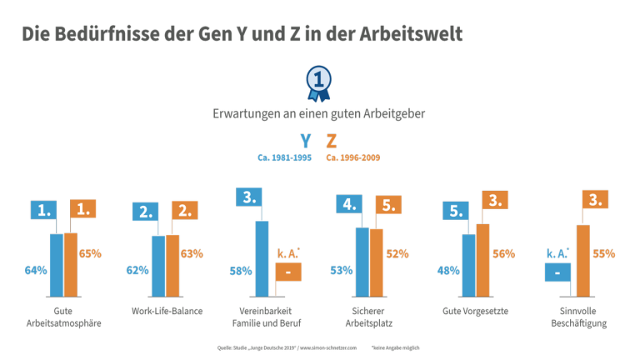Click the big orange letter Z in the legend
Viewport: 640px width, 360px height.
point(332,141)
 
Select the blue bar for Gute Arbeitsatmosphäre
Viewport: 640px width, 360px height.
point(57,265)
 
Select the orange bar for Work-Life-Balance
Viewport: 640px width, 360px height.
point(172,266)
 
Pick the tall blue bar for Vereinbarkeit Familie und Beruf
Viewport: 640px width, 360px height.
point(262,258)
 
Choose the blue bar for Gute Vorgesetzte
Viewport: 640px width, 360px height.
point(468,265)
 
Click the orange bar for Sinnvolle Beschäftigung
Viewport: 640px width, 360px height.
point(582,261)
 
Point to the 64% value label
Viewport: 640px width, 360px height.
point(35,270)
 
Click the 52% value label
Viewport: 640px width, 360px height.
point(397,253)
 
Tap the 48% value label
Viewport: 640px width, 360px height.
point(448,270)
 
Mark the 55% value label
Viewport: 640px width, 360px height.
point(603,253)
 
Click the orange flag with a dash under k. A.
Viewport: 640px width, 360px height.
point(287,272)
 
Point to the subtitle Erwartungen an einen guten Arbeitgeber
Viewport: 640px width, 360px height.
point(319,113)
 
